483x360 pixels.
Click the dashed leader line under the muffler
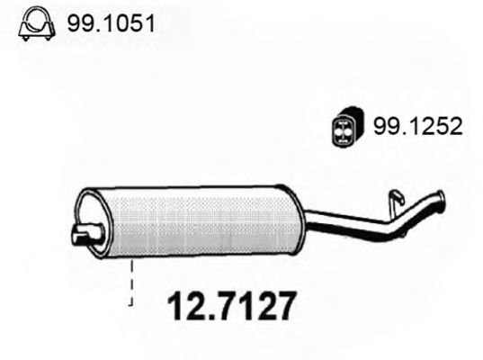tap(133, 283)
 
